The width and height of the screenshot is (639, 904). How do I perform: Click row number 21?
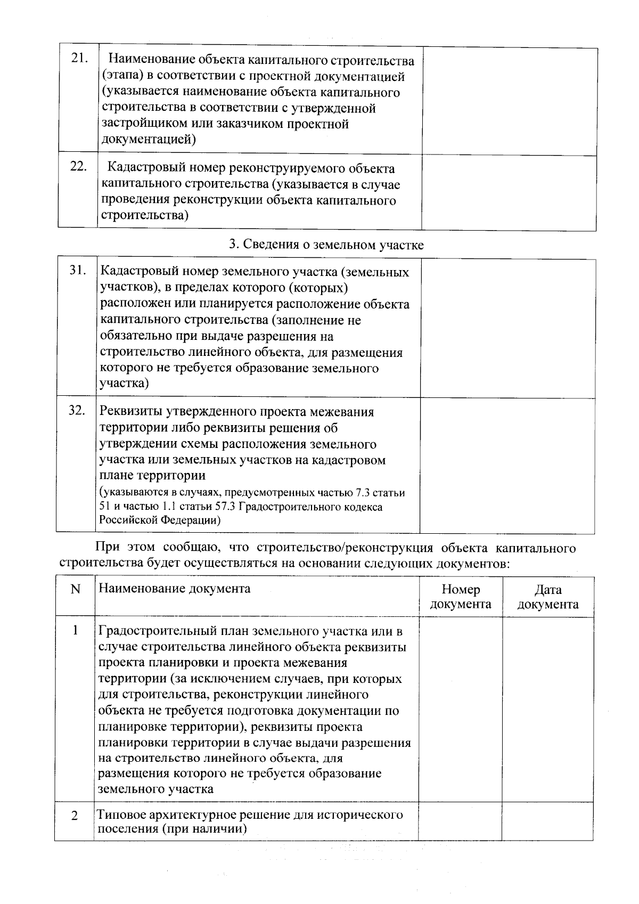click(79, 59)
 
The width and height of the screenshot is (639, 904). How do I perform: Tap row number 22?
click(79, 167)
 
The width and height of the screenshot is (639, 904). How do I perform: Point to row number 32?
click(77, 411)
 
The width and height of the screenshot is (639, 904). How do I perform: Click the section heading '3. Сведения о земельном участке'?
click(326, 245)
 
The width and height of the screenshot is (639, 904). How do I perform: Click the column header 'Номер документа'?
click(461, 597)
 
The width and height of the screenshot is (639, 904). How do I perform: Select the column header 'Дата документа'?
click(548, 597)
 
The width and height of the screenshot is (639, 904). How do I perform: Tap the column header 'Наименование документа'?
click(175, 589)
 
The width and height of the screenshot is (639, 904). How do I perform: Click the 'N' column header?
click(75, 590)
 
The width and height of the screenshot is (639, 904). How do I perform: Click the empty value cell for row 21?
click(509, 101)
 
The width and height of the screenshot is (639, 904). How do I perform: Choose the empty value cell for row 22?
click(509, 192)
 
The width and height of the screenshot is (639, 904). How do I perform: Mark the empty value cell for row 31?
click(507, 328)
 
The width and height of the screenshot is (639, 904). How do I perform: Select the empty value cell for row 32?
click(507, 465)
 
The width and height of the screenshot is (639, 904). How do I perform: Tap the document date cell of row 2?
click(547, 821)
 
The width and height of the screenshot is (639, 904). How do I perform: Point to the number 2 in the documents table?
click(75, 816)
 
